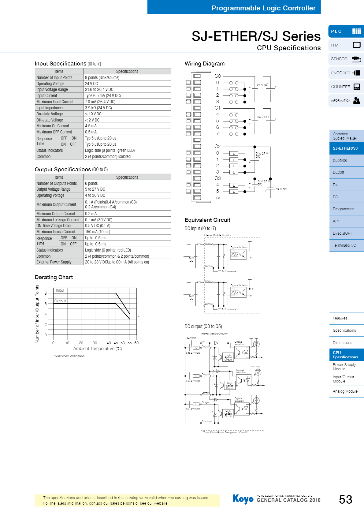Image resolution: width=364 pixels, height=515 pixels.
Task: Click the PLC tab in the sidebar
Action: (x=346, y=31)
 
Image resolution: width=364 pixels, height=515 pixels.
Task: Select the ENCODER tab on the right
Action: (x=346, y=73)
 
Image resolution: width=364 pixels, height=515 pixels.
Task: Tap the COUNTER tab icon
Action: (x=357, y=87)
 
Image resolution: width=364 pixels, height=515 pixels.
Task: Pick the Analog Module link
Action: (x=345, y=391)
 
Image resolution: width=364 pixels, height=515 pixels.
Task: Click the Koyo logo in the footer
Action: (x=243, y=499)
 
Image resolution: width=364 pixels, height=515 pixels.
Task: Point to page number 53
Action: (x=345, y=500)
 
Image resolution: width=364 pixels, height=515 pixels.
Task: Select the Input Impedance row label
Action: (x=50, y=108)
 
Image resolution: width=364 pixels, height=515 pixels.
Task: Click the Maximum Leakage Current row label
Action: (x=58, y=220)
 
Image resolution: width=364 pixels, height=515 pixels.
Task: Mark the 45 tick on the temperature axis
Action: (x=116, y=343)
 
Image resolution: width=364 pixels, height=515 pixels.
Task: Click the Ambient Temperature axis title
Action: (x=98, y=349)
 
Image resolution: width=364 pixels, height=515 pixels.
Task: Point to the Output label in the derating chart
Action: (x=60, y=301)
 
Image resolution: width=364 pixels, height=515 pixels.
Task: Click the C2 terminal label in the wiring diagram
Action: (x=217, y=147)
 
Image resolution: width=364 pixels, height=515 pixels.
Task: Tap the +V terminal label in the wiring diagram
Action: (x=217, y=198)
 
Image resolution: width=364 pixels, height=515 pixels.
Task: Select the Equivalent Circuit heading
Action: (x=207, y=220)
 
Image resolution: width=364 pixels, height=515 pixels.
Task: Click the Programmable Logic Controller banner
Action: (x=263, y=8)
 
